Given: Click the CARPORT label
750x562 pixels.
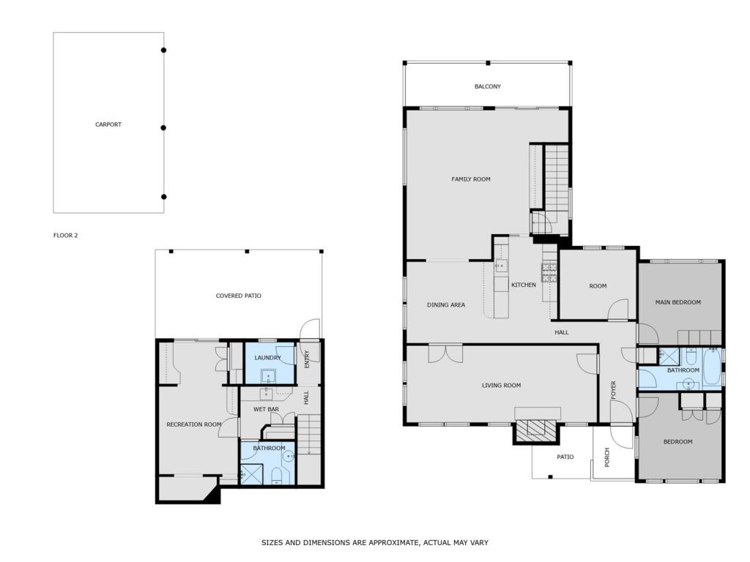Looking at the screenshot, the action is click(108, 124).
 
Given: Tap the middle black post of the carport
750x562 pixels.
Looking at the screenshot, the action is click(163, 127).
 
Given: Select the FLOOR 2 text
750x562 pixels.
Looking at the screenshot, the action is click(65, 235).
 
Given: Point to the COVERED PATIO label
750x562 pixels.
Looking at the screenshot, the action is click(238, 296).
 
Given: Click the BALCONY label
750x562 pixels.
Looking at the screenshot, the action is click(487, 86).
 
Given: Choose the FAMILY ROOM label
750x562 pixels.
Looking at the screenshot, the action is click(471, 179).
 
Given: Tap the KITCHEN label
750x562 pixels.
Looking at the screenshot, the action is click(524, 285).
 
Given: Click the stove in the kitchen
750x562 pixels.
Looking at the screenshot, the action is click(549, 272).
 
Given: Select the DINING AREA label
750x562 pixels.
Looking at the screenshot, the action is click(446, 305).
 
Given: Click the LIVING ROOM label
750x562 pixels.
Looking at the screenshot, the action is click(501, 385).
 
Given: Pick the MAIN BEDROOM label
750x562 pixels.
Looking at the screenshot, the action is click(677, 302).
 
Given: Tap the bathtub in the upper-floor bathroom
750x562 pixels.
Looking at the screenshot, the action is click(712, 366).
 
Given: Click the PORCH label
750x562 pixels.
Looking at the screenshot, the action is click(607, 457).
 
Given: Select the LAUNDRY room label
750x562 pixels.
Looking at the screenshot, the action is click(267, 358).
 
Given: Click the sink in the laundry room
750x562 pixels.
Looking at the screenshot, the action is click(268, 377).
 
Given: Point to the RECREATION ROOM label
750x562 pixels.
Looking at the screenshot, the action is click(193, 424).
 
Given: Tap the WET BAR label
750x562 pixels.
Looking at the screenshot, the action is click(266, 410).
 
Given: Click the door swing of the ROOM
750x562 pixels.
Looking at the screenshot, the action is click(618, 309).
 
